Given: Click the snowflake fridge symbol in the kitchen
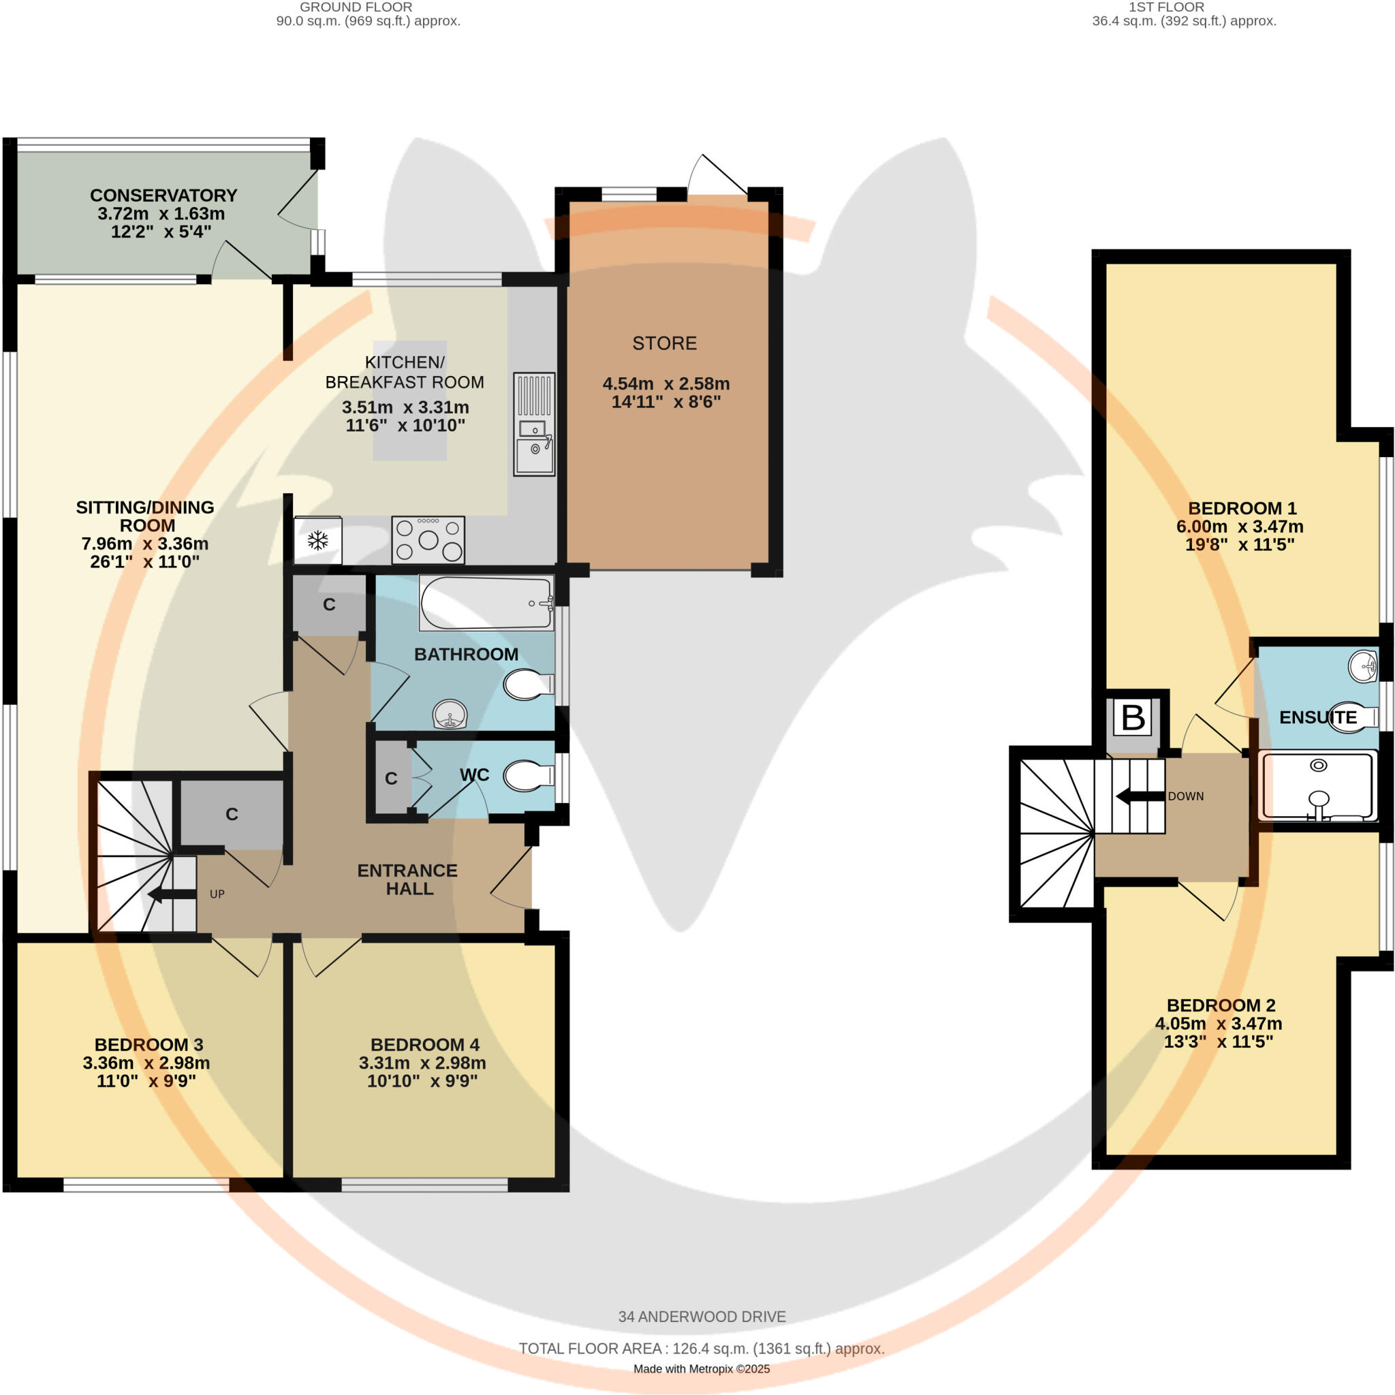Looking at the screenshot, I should (317, 540).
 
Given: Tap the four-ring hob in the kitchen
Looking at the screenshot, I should (428, 540).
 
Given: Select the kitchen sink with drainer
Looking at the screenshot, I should (534, 424).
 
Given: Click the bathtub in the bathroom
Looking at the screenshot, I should (486, 603).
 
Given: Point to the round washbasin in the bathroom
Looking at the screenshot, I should (450, 715).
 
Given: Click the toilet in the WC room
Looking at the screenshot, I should (528, 777).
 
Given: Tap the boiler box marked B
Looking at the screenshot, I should (1133, 718).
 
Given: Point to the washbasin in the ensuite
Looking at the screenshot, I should (1363, 665).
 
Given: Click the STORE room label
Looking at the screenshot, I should (664, 343).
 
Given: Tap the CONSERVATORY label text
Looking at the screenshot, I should (164, 195).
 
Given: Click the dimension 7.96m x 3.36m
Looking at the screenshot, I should (145, 544).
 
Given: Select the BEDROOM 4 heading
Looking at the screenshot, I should (424, 1045).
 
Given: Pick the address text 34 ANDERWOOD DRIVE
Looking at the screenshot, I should (701, 1316).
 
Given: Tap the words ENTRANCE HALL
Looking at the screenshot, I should (408, 879).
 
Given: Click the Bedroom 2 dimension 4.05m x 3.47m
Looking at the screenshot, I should (1219, 1023).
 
